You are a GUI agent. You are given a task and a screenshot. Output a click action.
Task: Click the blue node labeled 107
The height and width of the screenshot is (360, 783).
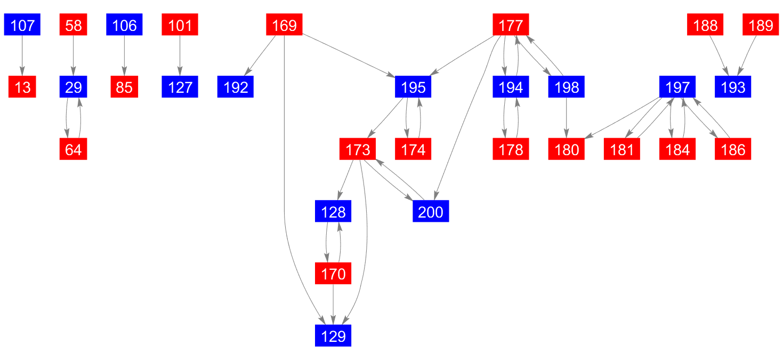tap(22, 25)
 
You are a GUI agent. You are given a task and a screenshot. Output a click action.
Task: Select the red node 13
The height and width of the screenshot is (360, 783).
tap(22, 87)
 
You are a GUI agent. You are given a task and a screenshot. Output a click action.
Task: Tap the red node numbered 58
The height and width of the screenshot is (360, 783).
tap(73, 25)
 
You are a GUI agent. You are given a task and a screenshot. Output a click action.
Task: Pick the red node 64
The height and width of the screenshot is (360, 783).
tap(73, 149)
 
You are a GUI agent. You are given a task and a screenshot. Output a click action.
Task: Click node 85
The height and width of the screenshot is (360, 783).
tap(124, 87)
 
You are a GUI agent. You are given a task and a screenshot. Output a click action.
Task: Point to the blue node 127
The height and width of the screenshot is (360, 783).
tap(180, 87)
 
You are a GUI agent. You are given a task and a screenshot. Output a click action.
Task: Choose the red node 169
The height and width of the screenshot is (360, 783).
tap(284, 25)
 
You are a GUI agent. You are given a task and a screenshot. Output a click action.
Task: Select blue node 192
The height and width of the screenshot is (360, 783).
tap(236, 87)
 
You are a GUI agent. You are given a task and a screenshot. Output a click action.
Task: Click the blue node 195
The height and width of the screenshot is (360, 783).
tap(413, 87)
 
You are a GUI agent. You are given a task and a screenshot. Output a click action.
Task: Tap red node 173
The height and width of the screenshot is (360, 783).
tap(358, 149)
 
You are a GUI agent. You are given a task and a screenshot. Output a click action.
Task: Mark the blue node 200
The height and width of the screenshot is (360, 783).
tap(431, 212)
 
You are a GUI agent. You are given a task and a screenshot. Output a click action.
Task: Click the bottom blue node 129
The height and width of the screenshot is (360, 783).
tap(333, 336)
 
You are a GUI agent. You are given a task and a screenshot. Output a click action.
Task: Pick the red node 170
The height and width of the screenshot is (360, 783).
tap(333, 274)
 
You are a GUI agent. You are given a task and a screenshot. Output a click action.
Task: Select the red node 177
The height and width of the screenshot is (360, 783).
tap(511, 25)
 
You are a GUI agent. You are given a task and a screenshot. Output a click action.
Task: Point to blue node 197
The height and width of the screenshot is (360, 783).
tap(677, 87)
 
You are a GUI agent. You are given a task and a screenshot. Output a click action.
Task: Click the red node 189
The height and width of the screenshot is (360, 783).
tap(761, 25)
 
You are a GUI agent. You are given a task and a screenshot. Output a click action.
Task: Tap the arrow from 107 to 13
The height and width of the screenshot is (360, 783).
tap(22, 56)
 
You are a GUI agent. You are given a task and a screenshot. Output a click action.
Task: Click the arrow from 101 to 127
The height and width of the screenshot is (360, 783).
tap(180, 56)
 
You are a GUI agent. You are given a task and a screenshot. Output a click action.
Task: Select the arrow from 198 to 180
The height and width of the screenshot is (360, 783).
tap(567, 118)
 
